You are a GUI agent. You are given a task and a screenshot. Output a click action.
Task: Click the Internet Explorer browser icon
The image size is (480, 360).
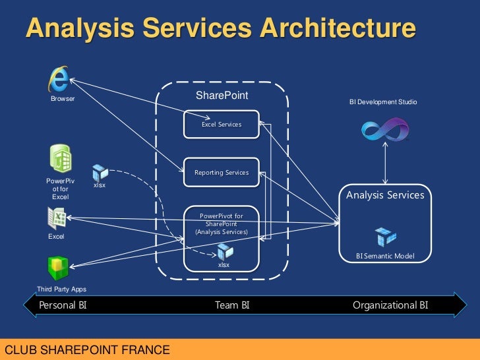pos(59,80)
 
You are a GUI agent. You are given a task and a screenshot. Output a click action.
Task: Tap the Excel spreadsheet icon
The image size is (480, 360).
pos(57,218)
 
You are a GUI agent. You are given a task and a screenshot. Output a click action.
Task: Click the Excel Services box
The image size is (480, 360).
pos(221,124)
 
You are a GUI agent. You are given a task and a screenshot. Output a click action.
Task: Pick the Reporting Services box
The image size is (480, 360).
pos(221,172)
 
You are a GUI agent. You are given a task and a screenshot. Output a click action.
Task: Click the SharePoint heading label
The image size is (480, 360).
pos(222,96)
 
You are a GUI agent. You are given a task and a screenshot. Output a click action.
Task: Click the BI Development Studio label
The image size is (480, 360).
pos(382,102)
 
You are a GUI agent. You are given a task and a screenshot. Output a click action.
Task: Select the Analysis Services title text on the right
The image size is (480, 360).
pos(385,195)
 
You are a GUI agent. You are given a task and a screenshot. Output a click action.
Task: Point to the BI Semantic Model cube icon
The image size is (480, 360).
pos(385,237)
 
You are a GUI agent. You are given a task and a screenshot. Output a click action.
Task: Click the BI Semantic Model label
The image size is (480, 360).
pos(385,255)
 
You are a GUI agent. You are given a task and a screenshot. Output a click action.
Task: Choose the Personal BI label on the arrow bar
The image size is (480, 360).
pos(63,305)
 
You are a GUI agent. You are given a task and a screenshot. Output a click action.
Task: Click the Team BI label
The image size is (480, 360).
pos(231,305)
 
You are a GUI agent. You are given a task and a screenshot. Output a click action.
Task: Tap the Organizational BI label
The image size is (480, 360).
pos(390,305)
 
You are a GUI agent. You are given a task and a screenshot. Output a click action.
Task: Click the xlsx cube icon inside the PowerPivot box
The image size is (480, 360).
pos(225,251)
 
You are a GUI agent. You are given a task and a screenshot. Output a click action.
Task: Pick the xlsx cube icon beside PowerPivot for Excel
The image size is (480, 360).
pos(100,173)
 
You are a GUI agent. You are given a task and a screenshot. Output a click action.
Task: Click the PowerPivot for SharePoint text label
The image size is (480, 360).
pos(221,224)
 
